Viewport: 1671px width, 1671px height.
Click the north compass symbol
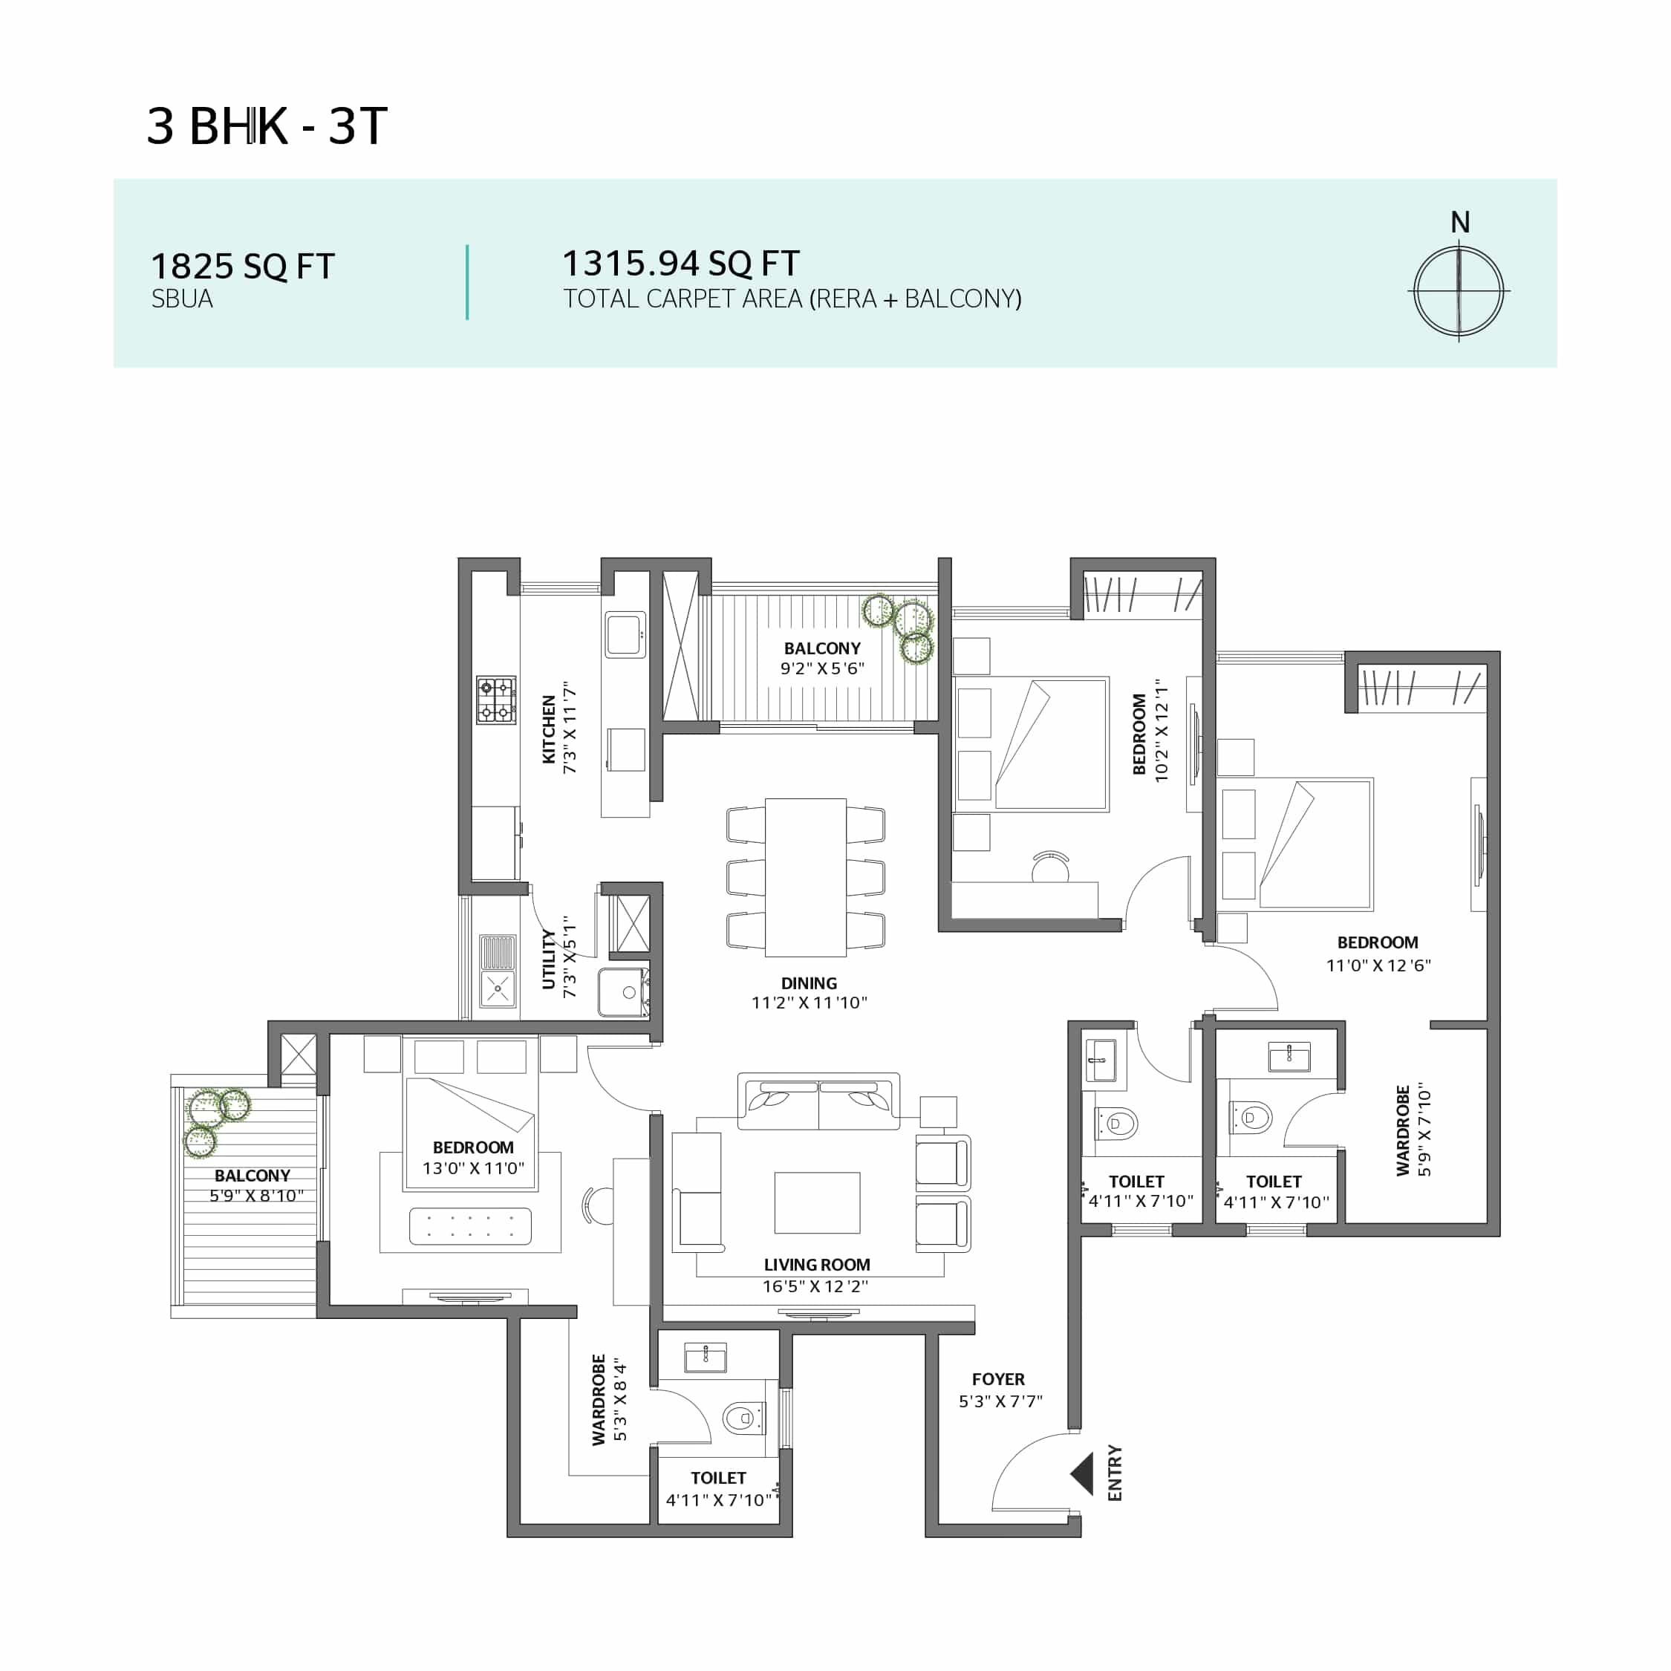click(1459, 290)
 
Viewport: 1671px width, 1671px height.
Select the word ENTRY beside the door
click(1115, 1473)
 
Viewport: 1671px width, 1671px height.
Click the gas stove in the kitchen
click(496, 700)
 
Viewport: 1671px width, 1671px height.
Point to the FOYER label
click(998, 1380)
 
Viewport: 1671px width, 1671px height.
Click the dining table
click(805, 877)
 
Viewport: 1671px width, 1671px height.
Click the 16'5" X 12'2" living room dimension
click(815, 1286)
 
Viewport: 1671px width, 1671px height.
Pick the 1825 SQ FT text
click(242, 267)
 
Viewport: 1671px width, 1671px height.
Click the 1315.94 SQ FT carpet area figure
click(681, 263)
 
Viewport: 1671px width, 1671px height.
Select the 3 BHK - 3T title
click(267, 126)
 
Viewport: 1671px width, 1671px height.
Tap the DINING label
click(809, 983)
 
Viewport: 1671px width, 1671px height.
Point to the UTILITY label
click(548, 960)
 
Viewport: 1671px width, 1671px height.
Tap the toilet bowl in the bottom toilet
click(740, 1418)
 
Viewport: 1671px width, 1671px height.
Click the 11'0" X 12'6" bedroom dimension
click(1378, 965)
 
